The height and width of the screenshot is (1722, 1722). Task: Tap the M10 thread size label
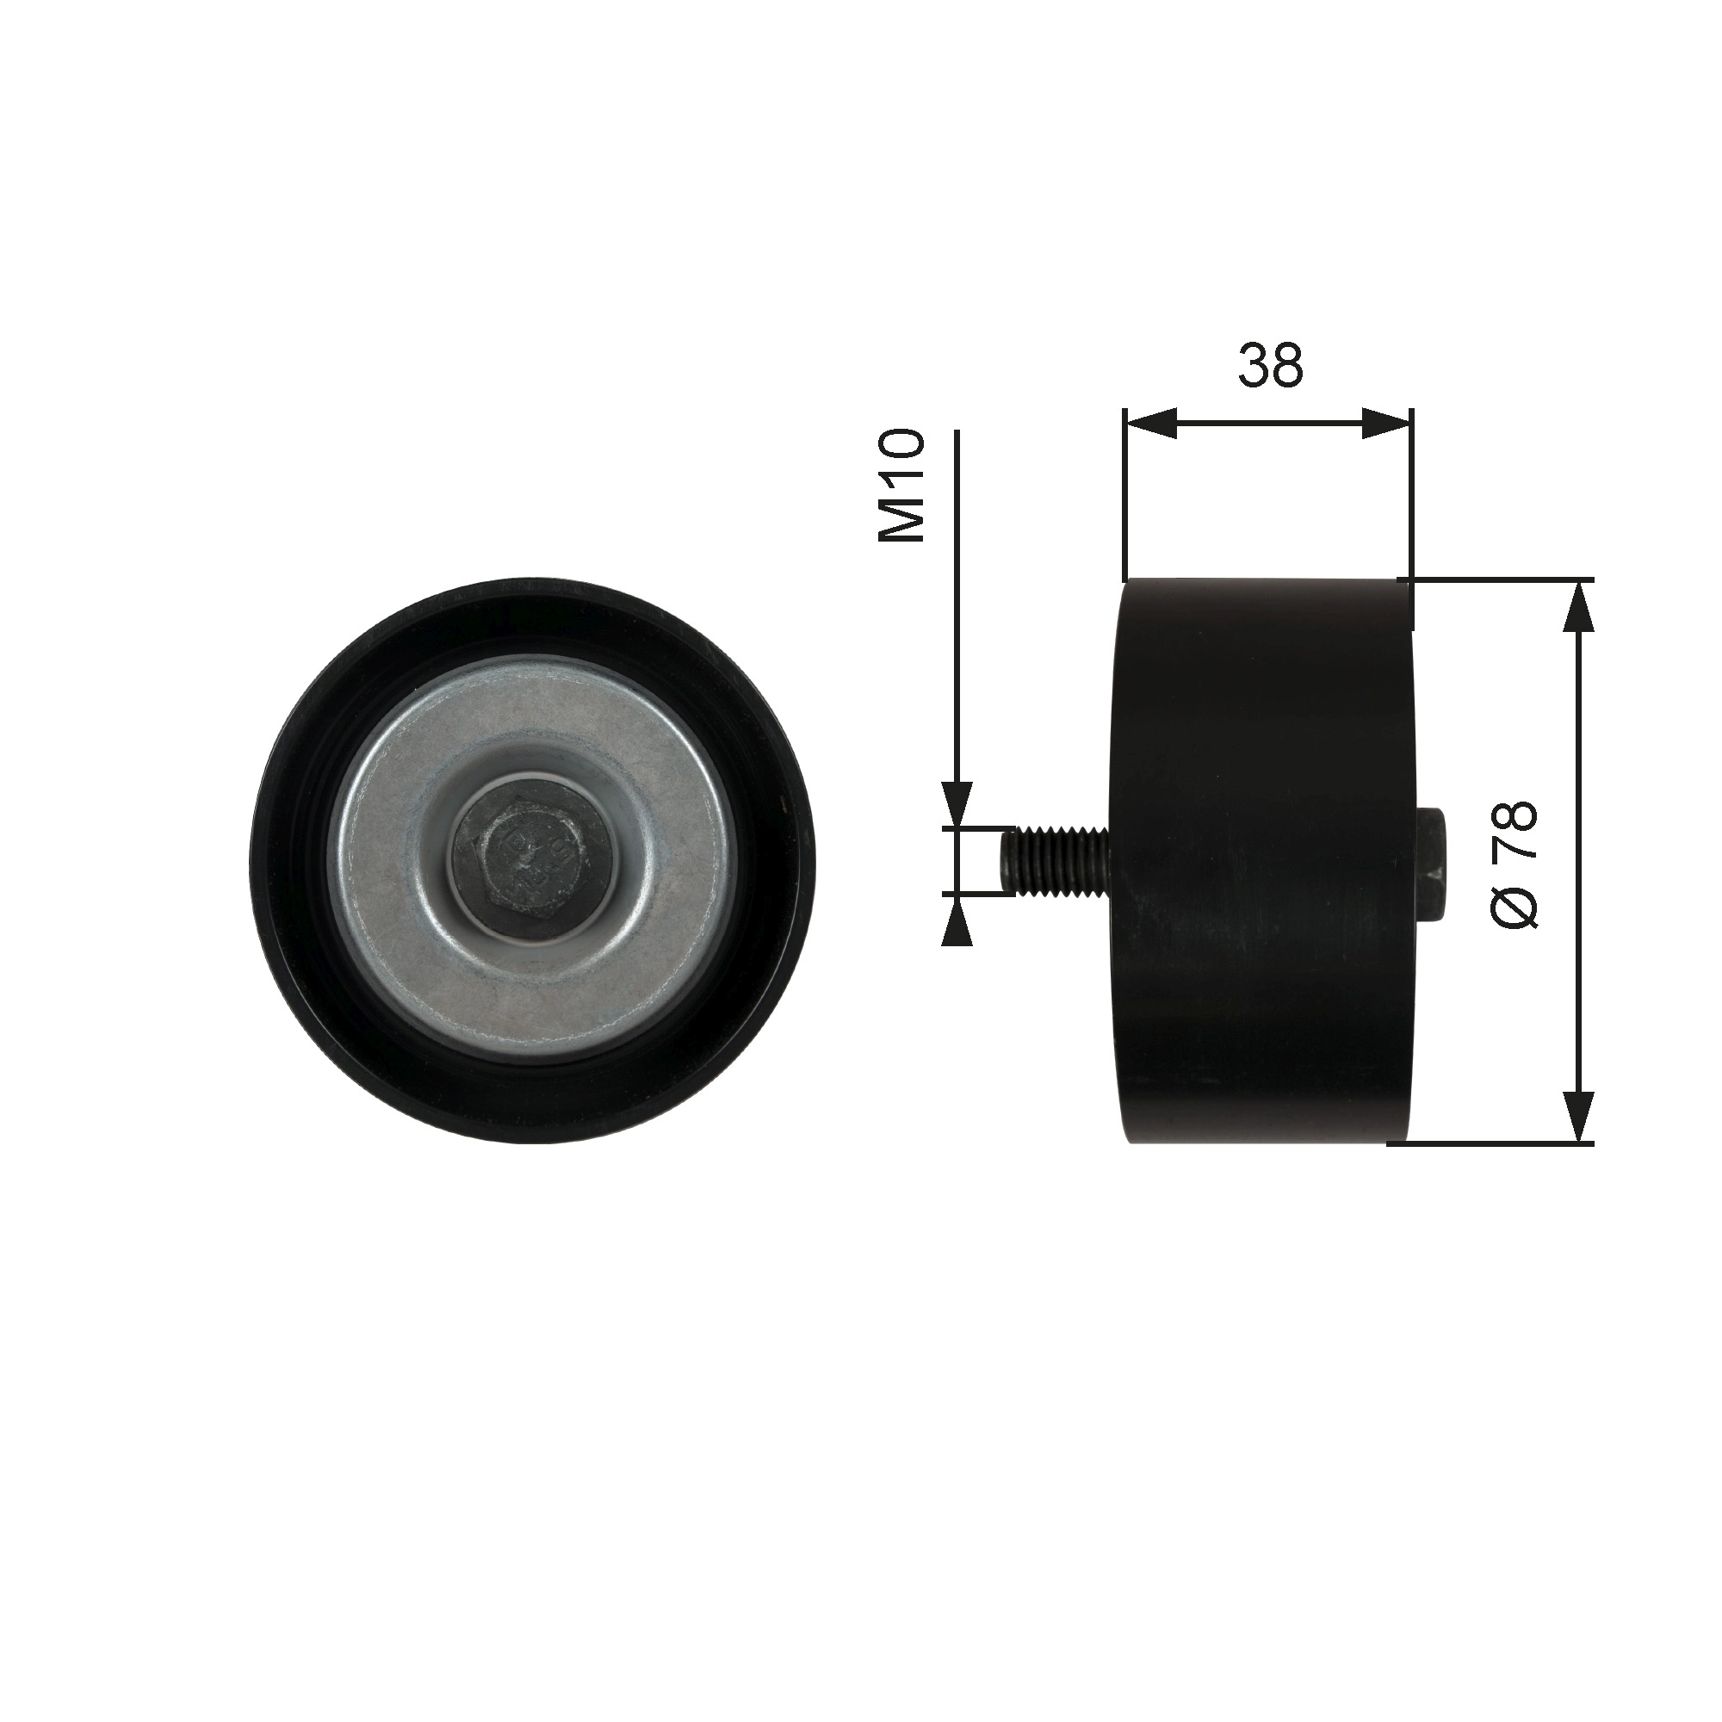tap(901, 486)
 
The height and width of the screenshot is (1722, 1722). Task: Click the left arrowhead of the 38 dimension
tap(1149, 424)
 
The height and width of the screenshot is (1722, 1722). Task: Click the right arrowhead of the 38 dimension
tap(1387, 424)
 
